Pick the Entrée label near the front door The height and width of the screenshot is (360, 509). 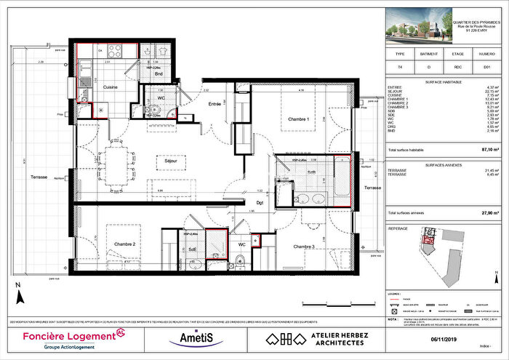(x=214, y=105)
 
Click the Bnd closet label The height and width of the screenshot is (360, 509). (x=158, y=73)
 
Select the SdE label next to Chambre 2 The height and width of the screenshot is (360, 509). (x=192, y=248)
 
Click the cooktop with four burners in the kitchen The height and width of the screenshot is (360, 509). (x=115, y=51)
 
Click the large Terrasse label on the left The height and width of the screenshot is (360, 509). (x=39, y=177)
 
